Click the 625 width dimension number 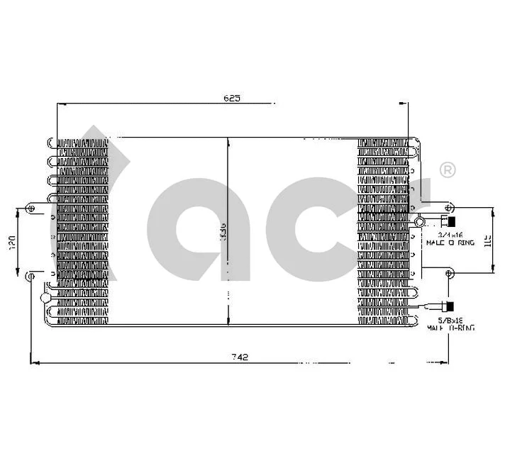[232, 99]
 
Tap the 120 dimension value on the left [11, 242]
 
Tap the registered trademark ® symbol [448, 170]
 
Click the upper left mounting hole [30, 209]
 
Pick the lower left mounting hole [30, 275]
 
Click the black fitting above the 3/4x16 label [449, 221]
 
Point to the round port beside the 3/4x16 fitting [419, 222]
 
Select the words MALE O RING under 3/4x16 [450, 243]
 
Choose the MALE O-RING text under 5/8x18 [450, 328]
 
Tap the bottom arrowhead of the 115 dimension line [494, 269]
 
